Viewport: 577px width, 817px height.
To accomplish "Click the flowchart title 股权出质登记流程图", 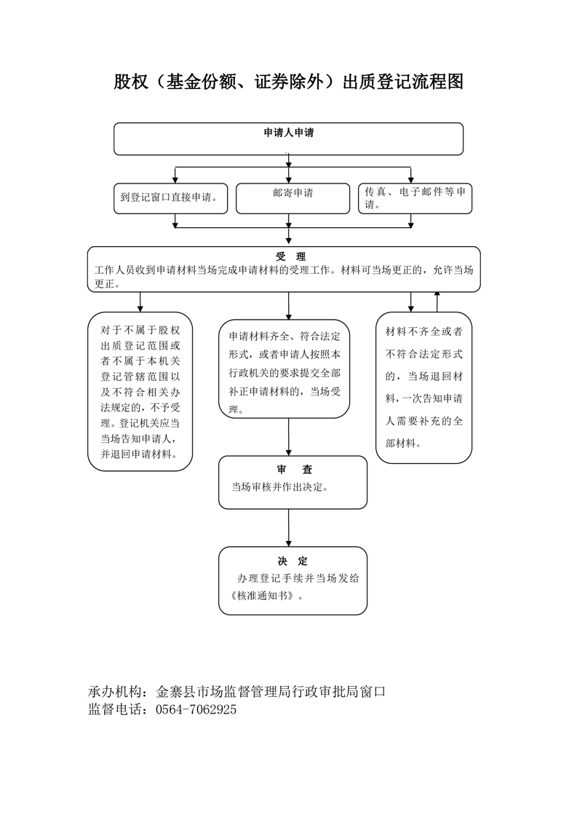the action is pyautogui.click(x=288, y=82).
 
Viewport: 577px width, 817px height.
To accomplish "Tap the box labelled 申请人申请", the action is pyautogui.click(x=288, y=138).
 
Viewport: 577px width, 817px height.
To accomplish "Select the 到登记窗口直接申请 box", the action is pyautogui.click(x=171, y=198).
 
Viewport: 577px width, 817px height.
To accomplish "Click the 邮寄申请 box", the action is pyautogui.click(x=293, y=198).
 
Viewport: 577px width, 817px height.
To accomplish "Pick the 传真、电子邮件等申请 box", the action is pyautogui.click(x=415, y=198).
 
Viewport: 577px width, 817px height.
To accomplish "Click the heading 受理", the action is pyautogui.click(x=290, y=256).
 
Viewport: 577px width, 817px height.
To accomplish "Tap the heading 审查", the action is pyautogui.click(x=294, y=470).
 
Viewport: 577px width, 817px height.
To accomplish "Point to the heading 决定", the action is pyautogui.click(x=293, y=561).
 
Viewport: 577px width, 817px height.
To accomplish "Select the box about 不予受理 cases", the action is pyautogui.click(x=140, y=391).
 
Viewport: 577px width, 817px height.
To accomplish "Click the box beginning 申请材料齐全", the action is pyautogui.click(x=284, y=369).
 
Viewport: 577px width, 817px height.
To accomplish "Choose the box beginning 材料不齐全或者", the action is pyautogui.click(x=424, y=387).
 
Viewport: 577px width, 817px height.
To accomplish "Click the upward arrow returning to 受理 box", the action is pyautogui.click(x=437, y=301).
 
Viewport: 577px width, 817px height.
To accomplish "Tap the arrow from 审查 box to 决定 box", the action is pyautogui.click(x=288, y=528).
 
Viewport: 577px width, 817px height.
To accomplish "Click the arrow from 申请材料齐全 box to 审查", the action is pyautogui.click(x=288, y=437).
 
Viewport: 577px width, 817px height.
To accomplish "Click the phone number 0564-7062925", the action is pyautogui.click(x=196, y=709).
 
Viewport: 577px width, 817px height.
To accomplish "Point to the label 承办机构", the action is pyautogui.click(x=115, y=692).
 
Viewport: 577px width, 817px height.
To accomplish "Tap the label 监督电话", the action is pyautogui.click(x=115, y=709).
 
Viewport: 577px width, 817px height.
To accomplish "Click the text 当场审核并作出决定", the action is pyautogui.click(x=279, y=487).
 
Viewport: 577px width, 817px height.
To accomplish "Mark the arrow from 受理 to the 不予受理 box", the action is pyautogui.click(x=140, y=302).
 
